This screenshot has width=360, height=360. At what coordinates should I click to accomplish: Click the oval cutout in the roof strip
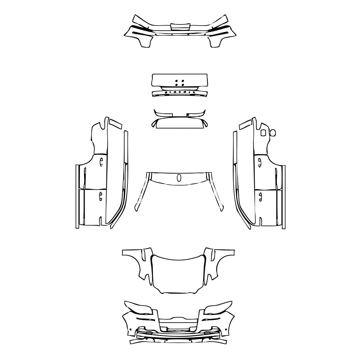(x=179, y=178)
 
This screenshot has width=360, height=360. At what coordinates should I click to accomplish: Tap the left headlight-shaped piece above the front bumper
(x=139, y=308)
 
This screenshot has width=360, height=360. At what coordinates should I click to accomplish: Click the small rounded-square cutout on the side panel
(x=264, y=133)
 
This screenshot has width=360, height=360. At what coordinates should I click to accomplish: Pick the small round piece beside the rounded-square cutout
(x=273, y=132)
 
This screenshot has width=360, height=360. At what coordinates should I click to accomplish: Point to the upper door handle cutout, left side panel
(x=101, y=161)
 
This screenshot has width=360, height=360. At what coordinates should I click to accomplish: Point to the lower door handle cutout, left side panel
(x=100, y=196)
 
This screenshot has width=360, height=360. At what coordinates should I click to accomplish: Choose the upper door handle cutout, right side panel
(x=259, y=161)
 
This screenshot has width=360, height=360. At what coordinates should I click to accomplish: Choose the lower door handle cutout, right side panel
(x=260, y=196)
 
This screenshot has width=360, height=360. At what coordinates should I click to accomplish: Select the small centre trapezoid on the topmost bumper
(x=180, y=26)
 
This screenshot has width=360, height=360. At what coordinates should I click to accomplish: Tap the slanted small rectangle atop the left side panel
(x=116, y=124)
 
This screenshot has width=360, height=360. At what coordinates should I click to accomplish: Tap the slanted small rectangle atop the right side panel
(x=245, y=124)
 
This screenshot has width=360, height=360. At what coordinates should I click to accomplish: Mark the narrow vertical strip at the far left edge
(x=77, y=197)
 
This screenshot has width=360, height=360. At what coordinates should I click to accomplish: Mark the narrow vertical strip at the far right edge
(x=283, y=197)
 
